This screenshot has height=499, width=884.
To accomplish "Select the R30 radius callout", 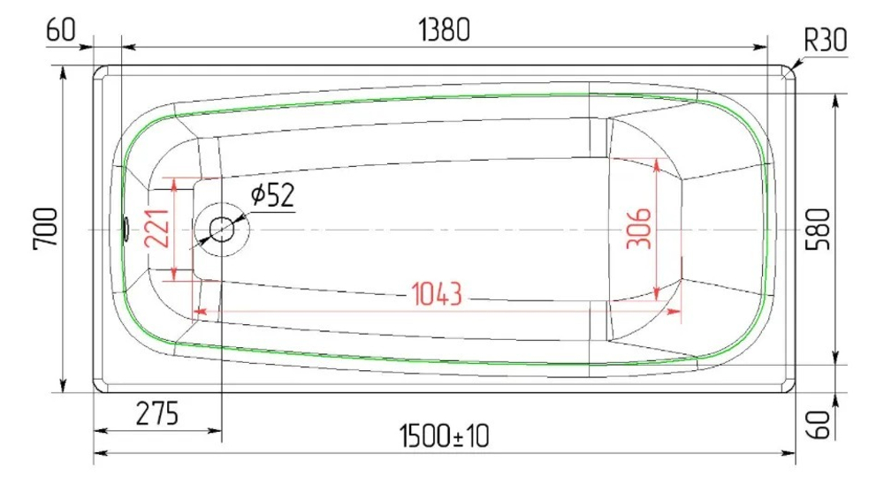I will pos(825,40).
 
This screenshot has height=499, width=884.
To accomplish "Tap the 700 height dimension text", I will pos(46,229).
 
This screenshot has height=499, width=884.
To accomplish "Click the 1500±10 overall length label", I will pos(445,435).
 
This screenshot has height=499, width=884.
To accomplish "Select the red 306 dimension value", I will pos(643,229).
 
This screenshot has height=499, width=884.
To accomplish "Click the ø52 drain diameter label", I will pos(271,195).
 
